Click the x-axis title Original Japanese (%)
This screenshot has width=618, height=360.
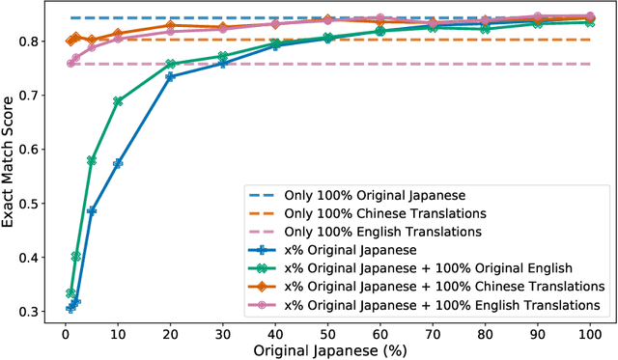point(332,350)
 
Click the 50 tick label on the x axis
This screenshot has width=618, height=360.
point(328,331)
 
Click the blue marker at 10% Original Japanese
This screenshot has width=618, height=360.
point(118,163)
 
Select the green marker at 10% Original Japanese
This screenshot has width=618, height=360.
point(118,101)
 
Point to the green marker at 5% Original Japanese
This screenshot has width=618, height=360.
point(92,160)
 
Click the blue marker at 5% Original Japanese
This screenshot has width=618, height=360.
point(92,209)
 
